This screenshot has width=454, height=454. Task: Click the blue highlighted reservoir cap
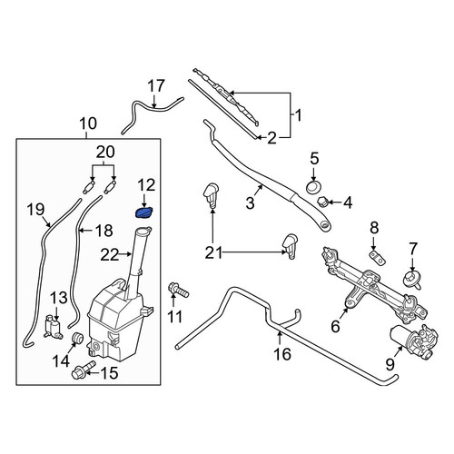[143, 212]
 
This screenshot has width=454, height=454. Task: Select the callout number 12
[146, 185]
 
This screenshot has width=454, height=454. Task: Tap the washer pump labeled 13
[54, 326]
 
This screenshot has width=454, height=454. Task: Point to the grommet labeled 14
[77, 338]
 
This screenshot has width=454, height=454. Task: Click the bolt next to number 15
[84, 369]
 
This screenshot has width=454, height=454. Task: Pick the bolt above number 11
[179, 290]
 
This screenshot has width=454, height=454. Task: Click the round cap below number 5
[313, 187]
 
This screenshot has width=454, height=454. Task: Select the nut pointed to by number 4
[321, 201]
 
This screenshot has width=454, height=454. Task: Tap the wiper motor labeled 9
[414, 340]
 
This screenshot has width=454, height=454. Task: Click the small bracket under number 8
[377, 256]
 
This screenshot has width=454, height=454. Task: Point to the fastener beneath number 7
[412, 280]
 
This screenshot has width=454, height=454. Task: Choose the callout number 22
[110, 255]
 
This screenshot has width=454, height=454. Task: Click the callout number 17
[157, 86]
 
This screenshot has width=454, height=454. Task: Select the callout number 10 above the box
[88, 123]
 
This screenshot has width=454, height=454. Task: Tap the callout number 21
[213, 252]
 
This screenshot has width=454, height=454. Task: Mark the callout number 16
[282, 353]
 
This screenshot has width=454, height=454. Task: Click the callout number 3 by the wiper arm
[250, 203]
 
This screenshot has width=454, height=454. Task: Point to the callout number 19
[36, 209]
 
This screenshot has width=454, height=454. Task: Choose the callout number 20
[105, 152]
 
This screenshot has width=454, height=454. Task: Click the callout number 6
[335, 326]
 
